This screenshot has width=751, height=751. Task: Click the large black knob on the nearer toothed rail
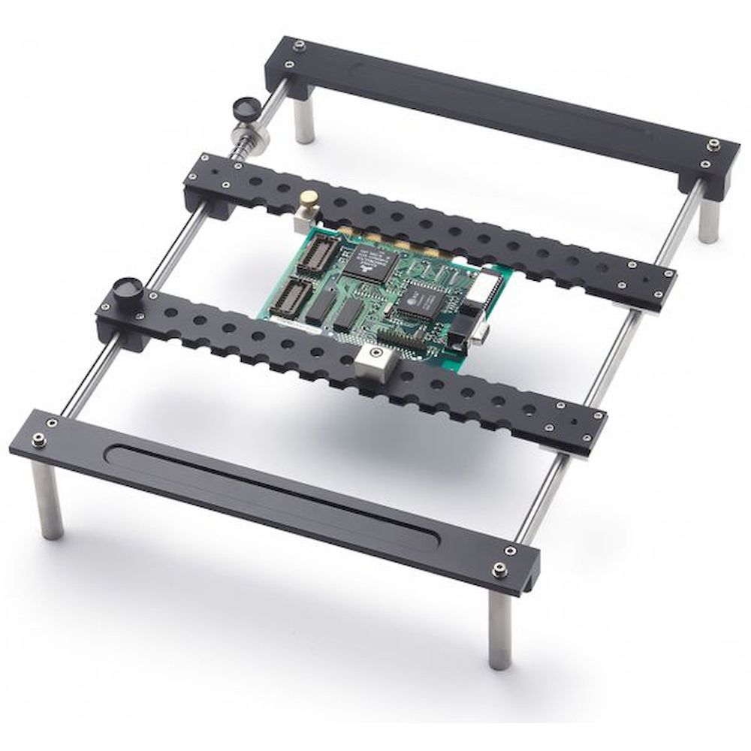[x=127, y=291]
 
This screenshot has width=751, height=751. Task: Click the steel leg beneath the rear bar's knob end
[x=304, y=123]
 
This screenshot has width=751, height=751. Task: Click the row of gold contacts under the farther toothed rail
[x=391, y=241]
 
